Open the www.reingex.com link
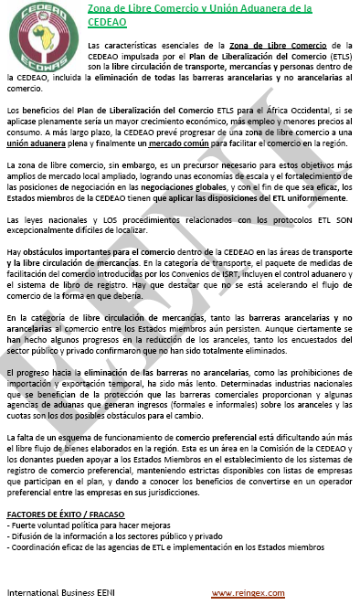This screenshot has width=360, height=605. coord(247,594)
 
